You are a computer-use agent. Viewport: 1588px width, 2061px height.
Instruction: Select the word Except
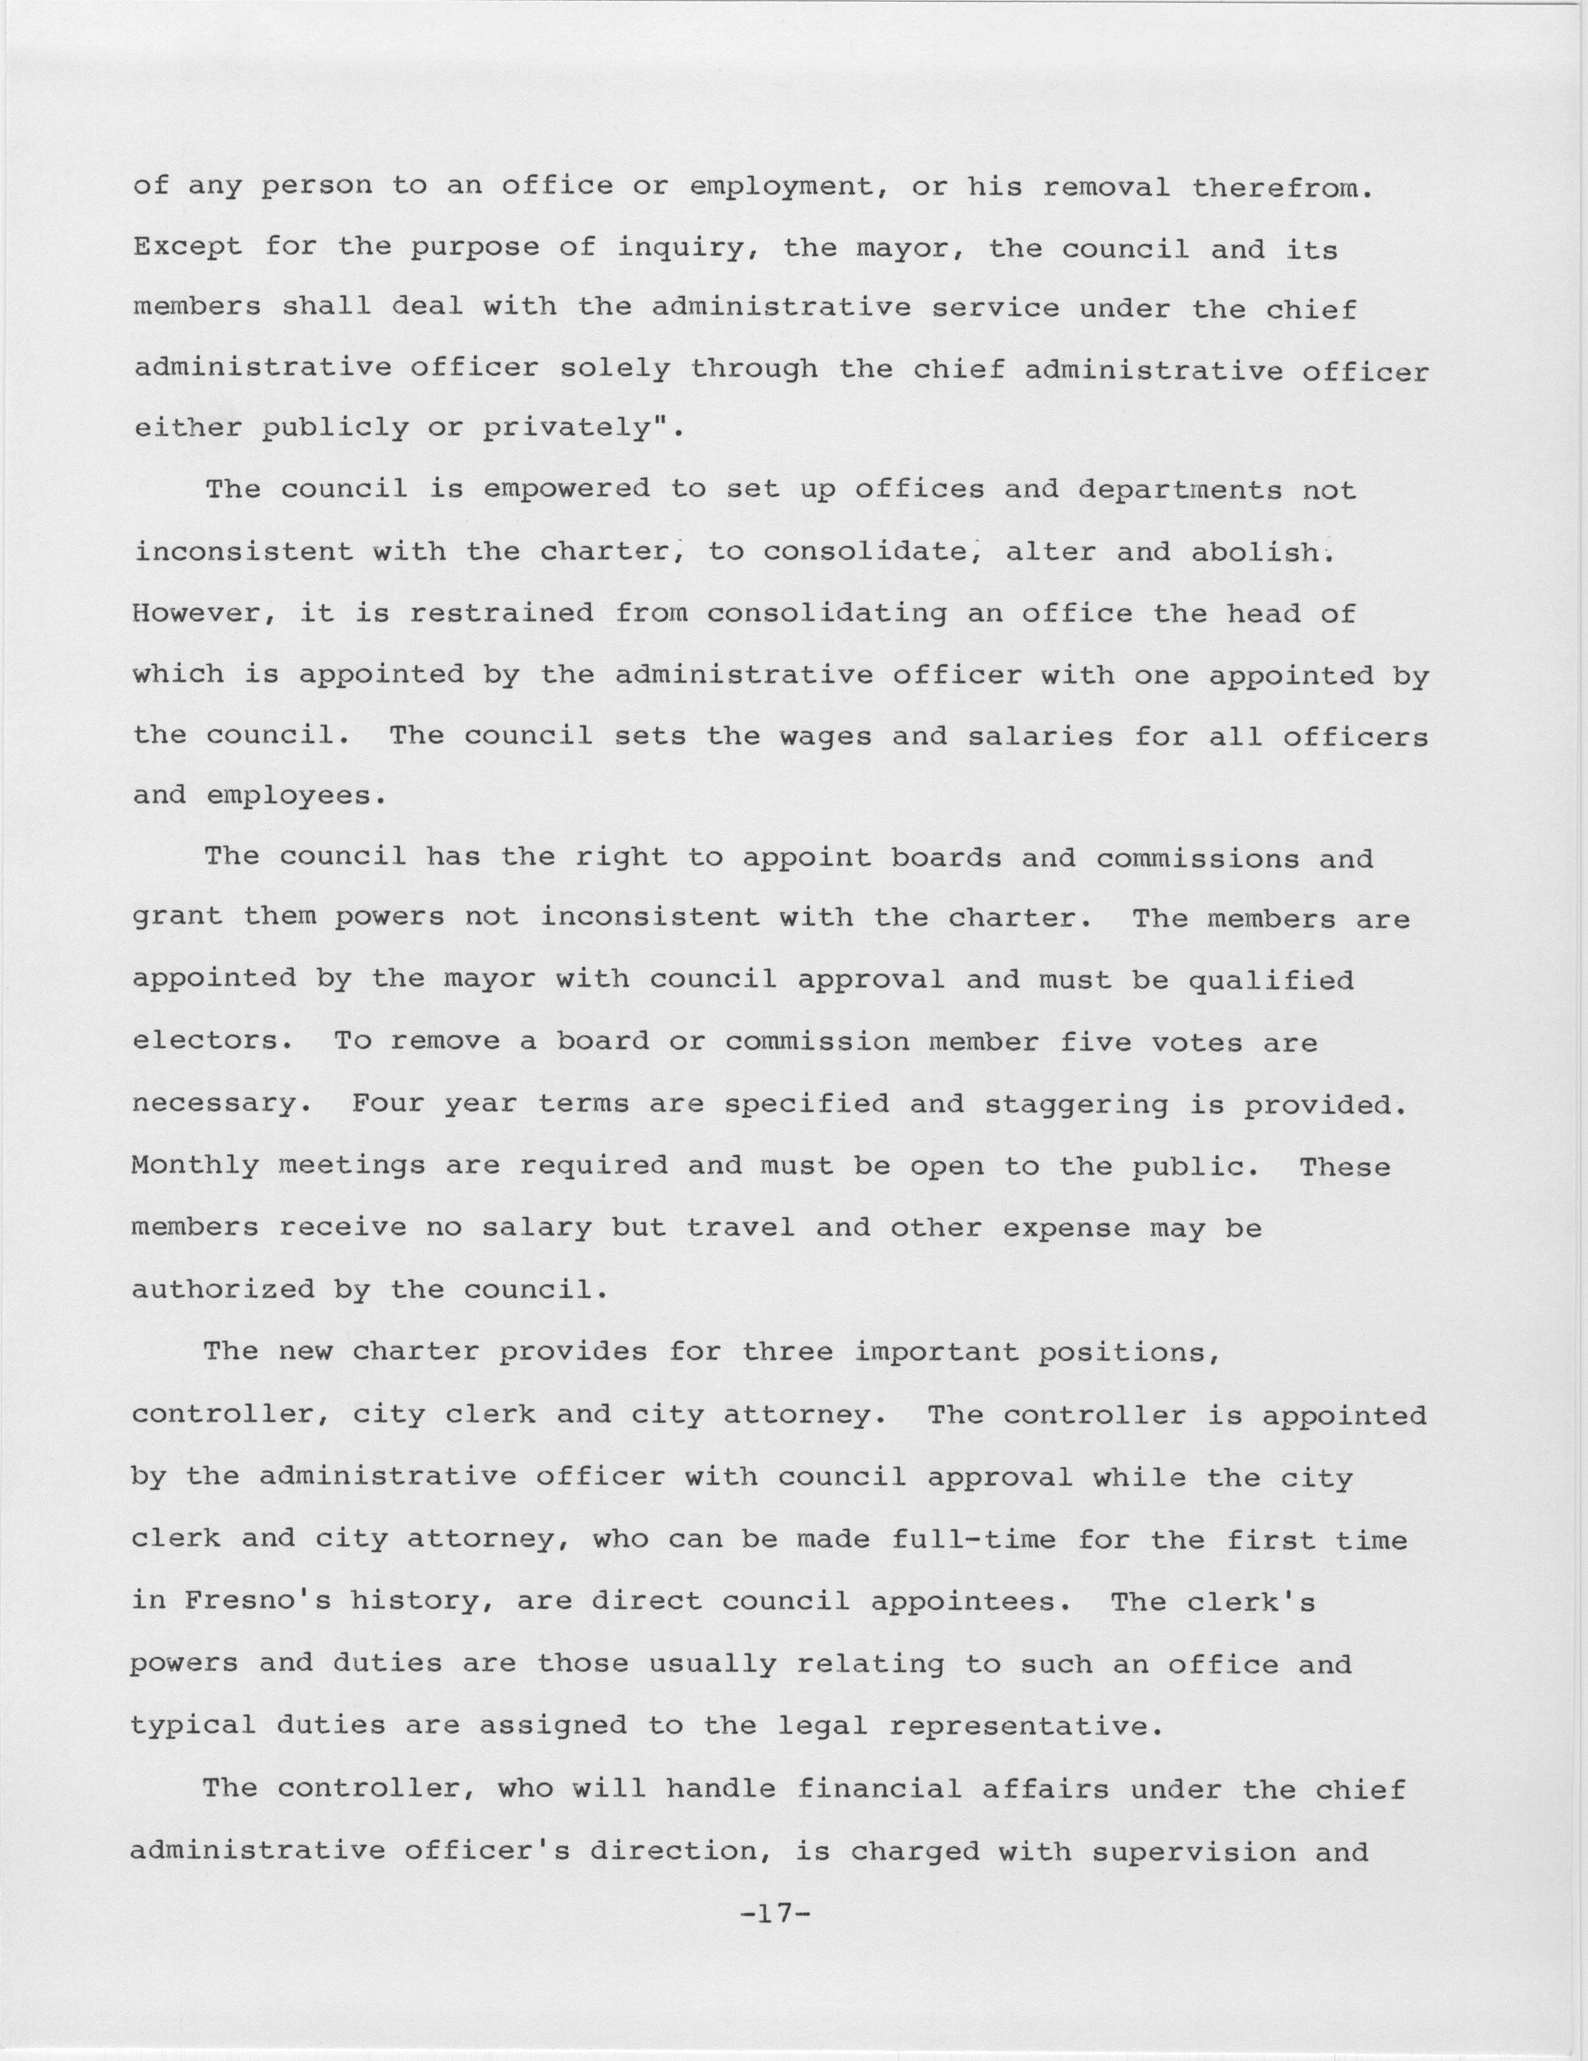click(188, 249)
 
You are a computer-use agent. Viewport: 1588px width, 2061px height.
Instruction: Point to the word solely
click(615, 369)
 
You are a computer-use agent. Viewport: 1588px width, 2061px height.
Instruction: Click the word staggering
click(1076, 1104)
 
